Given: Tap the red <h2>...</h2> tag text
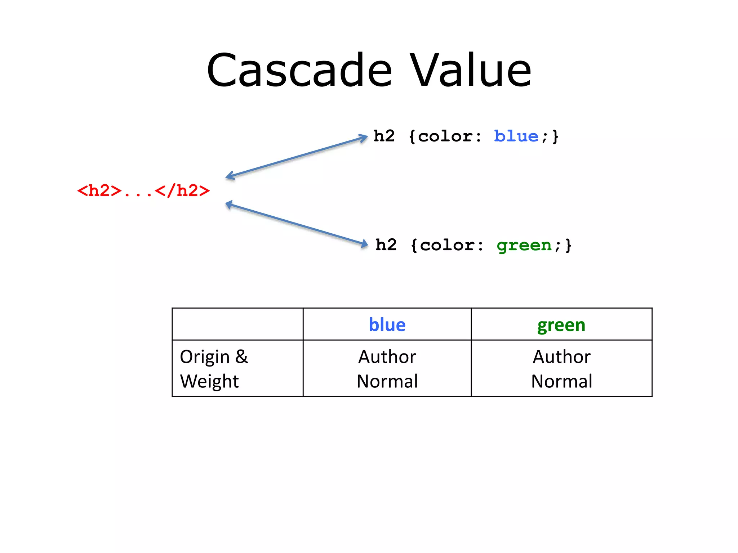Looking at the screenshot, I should click(x=143, y=190).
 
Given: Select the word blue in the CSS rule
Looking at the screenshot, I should click(x=516, y=136).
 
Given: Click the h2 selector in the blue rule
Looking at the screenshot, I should click(x=384, y=136).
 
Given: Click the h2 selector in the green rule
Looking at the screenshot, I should click(x=386, y=245).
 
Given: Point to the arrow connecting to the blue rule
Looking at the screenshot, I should click(x=296, y=157).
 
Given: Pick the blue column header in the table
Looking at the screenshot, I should click(x=387, y=325).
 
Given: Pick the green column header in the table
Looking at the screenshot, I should click(x=561, y=325).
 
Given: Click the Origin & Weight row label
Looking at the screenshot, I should click(x=214, y=369).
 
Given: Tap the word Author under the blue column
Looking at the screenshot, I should click(x=387, y=357).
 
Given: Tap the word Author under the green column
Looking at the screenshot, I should click(x=561, y=357).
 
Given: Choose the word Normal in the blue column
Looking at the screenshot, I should click(x=387, y=381).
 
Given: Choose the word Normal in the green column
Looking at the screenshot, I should click(x=561, y=381).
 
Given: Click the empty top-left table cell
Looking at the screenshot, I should click(x=237, y=324).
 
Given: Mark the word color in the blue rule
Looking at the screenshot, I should click(x=445, y=136).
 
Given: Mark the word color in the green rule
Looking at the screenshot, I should click(x=448, y=246).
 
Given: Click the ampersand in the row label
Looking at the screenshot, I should click(x=242, y=357).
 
